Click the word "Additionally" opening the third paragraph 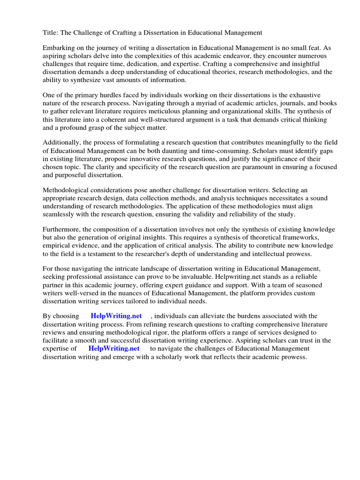(x=61, y=142)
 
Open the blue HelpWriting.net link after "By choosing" (x=116, y=316)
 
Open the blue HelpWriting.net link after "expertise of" (x=114, y=348)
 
